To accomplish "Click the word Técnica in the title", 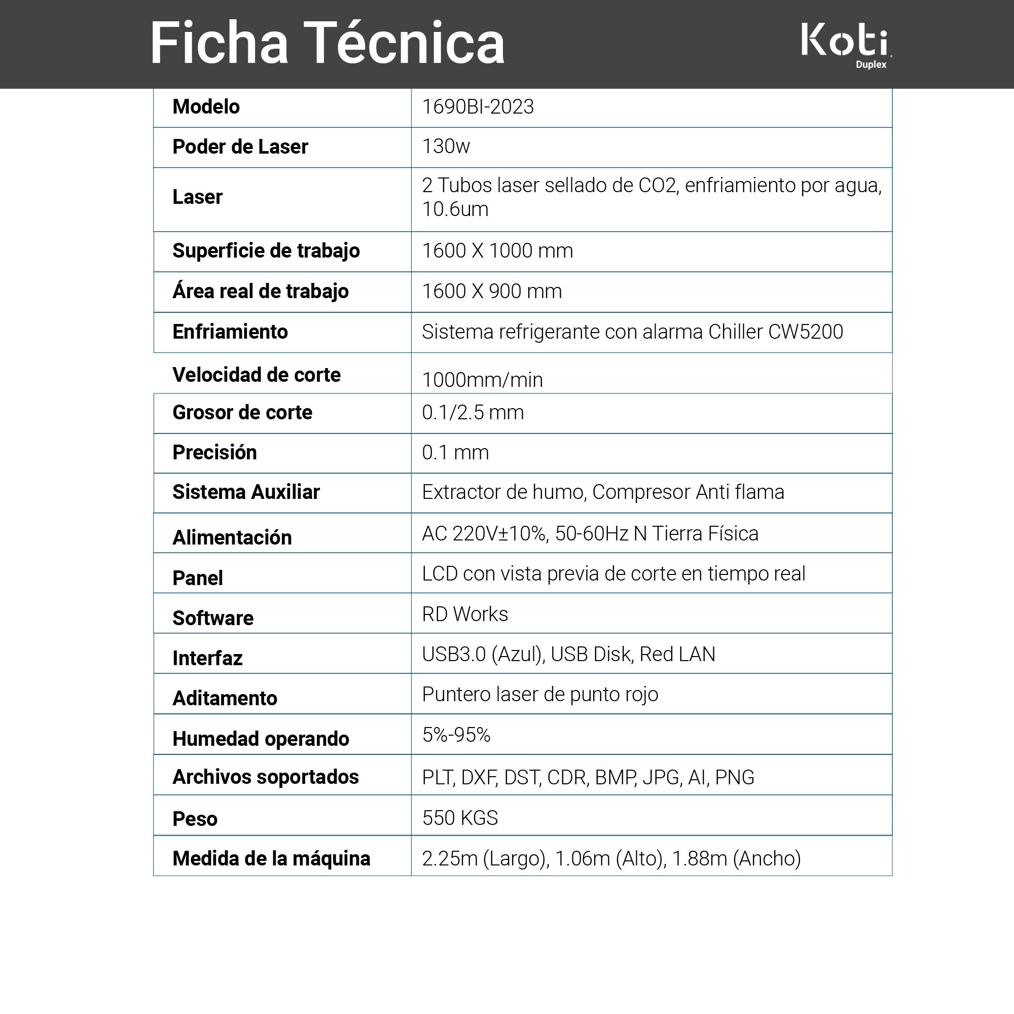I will pos(404,43).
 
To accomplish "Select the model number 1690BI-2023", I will pos(478,107).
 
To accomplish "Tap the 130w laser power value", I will pos(446,147).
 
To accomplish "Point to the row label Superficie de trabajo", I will pos(266,251).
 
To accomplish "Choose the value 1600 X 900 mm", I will pos(492,292).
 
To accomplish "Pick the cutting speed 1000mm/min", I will pos(482,380).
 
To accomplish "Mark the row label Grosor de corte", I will pos(242,413).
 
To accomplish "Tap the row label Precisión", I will pos(214,452).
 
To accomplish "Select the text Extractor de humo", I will pos(503,492).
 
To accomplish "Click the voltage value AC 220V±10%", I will pos(485,534).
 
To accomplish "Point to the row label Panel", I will pos(197,578).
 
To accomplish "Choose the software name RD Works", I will pos(465,614).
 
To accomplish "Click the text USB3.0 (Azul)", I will pos(482,655).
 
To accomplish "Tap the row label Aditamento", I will pos(225,699).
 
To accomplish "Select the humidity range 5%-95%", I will pos(456,735).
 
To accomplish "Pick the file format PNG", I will pos(734,777).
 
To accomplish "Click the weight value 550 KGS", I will pos(460,818).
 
